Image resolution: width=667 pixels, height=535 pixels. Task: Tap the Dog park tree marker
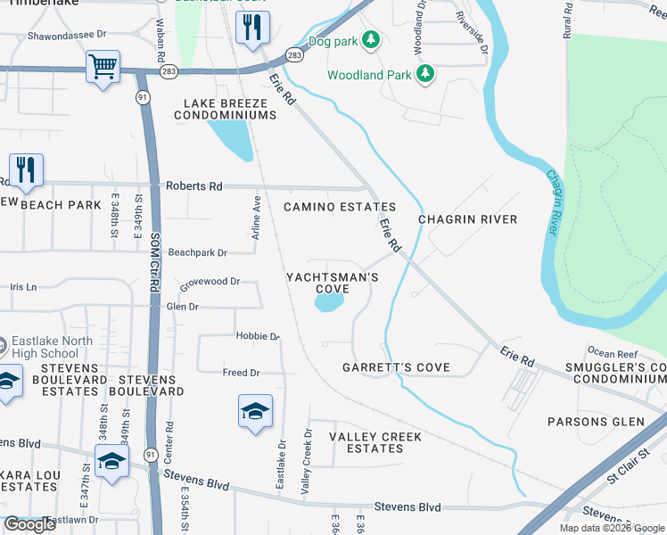(x=372, y=41)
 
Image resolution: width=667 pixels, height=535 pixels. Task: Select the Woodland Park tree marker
(x=426, y=75)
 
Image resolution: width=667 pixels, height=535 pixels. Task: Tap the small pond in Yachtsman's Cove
(x=329, y=304)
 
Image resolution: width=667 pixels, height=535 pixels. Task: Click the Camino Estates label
(x=340, y=207)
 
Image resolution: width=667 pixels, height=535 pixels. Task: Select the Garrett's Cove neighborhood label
(x=396, y=367)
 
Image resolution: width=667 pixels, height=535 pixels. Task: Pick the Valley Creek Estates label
(x=375, y=442)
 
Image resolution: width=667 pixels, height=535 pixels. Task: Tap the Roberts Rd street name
(x=194, y=186)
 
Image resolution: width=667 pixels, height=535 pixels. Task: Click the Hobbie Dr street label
(x=258, y=336)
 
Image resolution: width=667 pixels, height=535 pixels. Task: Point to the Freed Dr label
(x=241, y=373)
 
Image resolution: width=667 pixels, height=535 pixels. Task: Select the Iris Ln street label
(x=23, y=287)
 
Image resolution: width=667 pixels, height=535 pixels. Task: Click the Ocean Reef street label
(x=612, y=354)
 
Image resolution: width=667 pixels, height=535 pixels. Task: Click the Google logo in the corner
(x=30, y=524)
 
